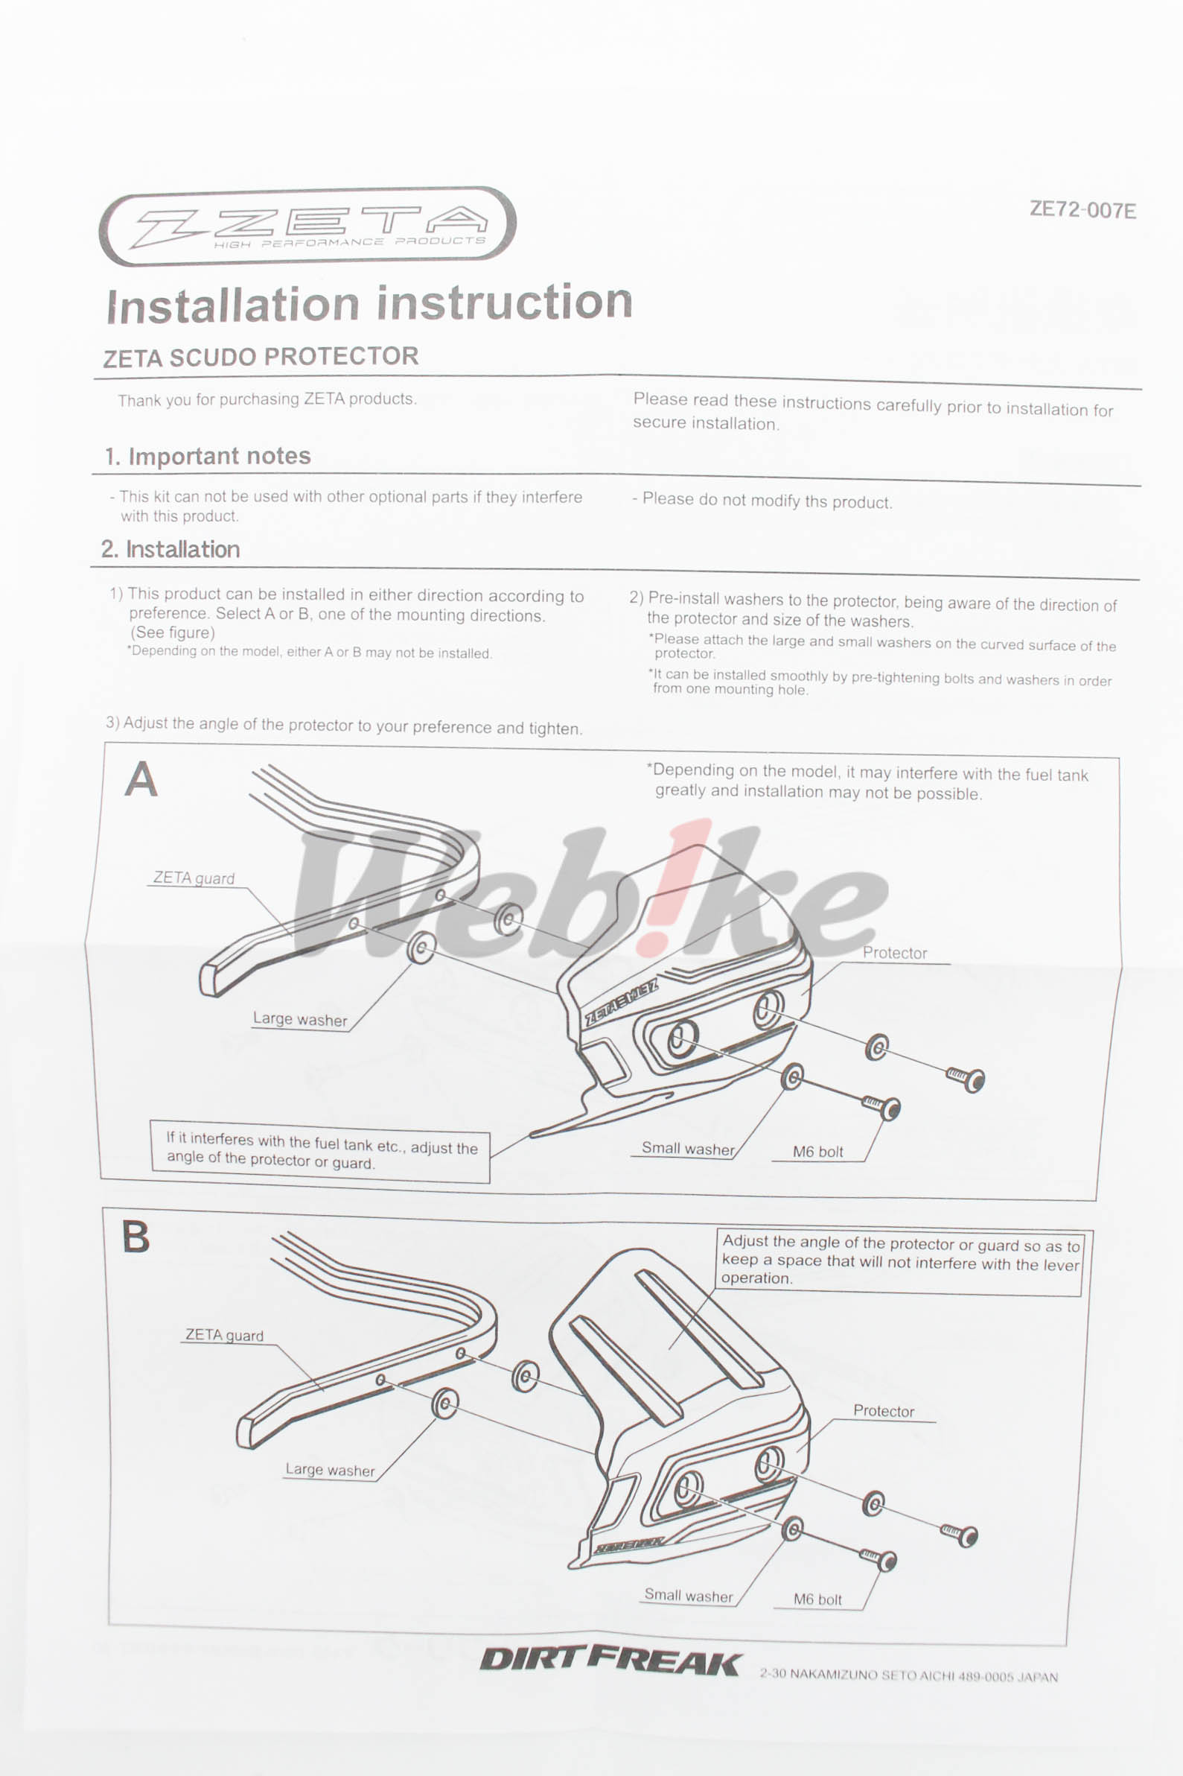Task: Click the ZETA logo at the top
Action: pyautogui.click(x=307, y=226)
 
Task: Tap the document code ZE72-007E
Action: pyautogui.click(x=1082, y=210)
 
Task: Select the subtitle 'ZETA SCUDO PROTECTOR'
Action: pyautogui.click(x=261, y=357)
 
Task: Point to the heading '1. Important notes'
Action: pyautogui.click(x=208, y=456)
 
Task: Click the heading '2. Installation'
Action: pyautogui.click(x=170, y=549)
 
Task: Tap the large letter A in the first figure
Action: pyautogui.click(x=141, y=779)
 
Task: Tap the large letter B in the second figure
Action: pyautogui.click(x=135, y=1237)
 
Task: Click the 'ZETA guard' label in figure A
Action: pyautogui.click(x=194, y=878)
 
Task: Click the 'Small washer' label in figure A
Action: pyautogui.click(x=687, y=1148)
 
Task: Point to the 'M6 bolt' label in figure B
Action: pyautogui.click(x=817, y=1599)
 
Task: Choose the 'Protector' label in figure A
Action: pyautogui.click(x=895, y=953)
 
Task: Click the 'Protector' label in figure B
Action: pyautogui.click(x=884, y=1411)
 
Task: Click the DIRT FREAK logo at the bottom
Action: pyautogui.click(x=610, y=1661)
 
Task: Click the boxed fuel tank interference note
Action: pyautogui.click(x=321, y=1151)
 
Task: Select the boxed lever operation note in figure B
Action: pyautogui.click(x=899, y=1261)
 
